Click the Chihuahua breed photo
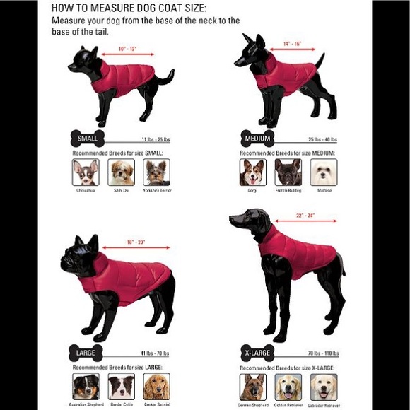pos(85,172)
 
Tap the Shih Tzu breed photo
pos(121,172)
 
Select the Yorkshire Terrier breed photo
pos(156,172)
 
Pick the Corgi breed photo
pos(253,172)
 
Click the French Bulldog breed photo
pos(288,172)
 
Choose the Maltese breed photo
pos(324,172)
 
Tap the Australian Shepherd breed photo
pos(85,386)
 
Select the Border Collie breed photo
pos(121,386)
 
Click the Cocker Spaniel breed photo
pos(156,386)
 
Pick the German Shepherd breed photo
pos(253,386)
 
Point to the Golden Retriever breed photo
pos(288,386)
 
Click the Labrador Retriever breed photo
pos(324,386)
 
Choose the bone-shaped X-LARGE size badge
pos(257,351)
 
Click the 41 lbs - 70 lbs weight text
pos(154,352)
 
